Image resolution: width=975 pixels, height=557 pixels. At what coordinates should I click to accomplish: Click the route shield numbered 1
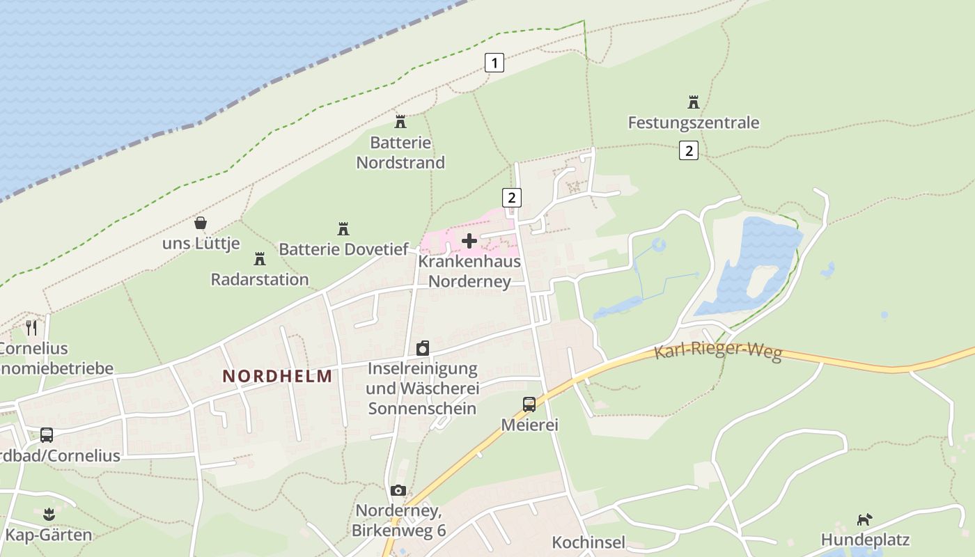(494, 63)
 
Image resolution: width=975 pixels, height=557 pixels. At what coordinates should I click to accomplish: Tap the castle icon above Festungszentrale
(693, 102)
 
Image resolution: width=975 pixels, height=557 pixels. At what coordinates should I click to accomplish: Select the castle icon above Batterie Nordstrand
(400, 122)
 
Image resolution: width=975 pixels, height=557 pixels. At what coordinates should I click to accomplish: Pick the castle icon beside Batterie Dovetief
(343, 228)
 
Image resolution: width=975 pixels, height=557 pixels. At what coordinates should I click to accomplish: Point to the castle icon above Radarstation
(260, 259)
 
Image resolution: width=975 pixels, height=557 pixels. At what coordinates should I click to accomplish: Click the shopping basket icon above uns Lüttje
(201, 223)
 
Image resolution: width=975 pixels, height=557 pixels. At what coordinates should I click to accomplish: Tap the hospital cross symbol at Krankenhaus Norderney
(469, 241)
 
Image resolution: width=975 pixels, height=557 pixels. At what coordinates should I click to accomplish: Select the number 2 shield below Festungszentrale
(688, 150)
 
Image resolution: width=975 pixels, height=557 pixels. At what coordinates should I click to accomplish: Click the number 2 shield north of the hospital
(512, 197)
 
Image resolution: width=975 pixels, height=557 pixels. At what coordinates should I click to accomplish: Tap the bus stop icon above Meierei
(529, 404)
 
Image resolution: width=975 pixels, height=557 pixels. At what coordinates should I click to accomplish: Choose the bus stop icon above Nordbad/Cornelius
(47, 435)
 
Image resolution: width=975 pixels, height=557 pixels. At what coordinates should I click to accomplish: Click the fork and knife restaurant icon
(31, 327)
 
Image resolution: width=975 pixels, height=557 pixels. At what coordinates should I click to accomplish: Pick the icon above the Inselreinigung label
(422, 348)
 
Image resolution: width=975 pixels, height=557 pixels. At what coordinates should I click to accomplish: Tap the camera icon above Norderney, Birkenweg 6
(398, 490)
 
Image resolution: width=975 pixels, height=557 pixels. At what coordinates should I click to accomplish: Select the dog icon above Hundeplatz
(864, 519)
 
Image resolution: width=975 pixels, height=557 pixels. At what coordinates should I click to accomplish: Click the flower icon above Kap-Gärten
(48, 515)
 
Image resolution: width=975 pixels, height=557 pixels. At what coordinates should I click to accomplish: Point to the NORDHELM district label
(277, 376)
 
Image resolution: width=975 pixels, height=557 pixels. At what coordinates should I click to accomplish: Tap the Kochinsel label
(588, 542)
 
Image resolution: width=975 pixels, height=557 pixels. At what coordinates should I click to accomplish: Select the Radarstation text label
(260, 279)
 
